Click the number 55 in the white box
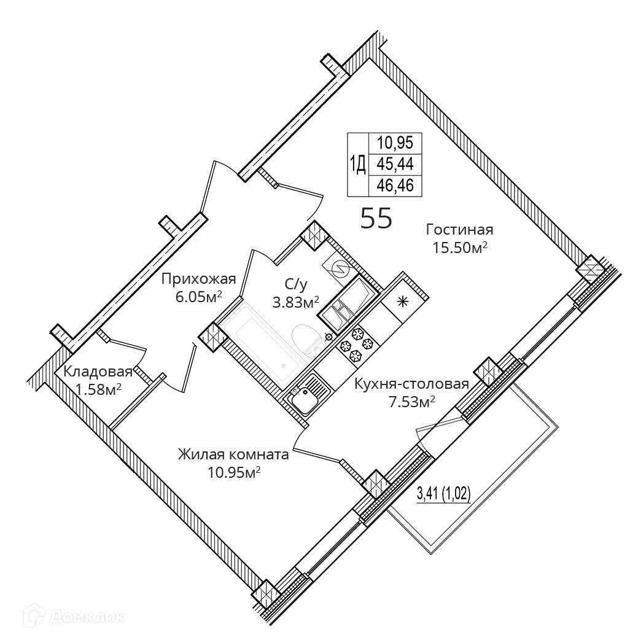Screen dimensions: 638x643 tap(376, 218)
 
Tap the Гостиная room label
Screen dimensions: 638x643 tap(460, 230)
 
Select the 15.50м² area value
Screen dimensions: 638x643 tap(460, 247)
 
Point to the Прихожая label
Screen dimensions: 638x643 tap(198, 279)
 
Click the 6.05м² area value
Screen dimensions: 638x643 tap(198, 296)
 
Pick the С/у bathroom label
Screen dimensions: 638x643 tap(295, 284)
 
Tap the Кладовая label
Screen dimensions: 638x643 tap(98, 372)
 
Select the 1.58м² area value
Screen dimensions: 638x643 tap(98, 389)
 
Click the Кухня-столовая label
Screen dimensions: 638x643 tap(411, 384)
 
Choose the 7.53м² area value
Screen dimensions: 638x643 tap(411, 402)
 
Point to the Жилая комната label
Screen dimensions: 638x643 tap(233, 455)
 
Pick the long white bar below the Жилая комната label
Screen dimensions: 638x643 tap(236, 483)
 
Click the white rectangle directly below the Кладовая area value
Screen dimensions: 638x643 tap(107, 403)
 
